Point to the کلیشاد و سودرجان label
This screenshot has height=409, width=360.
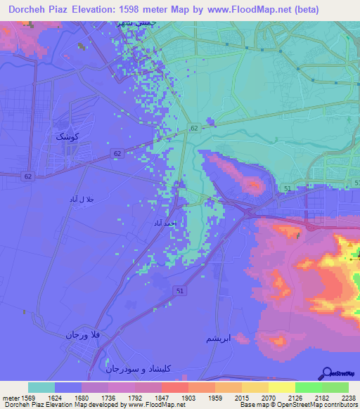pos(139,368)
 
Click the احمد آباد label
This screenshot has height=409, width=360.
pos(166,223)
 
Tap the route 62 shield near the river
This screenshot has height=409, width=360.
pos(193,129)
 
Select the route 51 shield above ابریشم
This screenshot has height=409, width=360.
pos(181,290)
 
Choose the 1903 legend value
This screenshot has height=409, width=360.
pos(188,397)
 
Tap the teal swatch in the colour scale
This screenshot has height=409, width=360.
pos(41,387)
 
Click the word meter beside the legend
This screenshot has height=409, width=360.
pos(10,397)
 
